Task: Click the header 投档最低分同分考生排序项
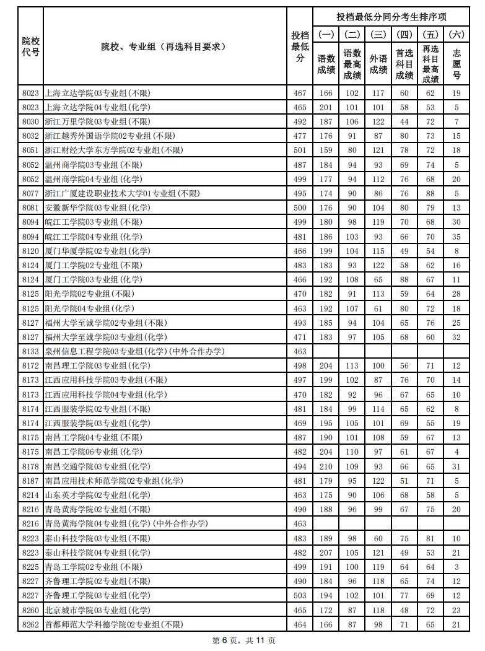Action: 391,17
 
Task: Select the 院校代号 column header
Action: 30,46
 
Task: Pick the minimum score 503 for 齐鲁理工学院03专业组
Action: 300,596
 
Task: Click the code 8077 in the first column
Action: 30,193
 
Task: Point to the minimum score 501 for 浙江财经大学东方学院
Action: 300,150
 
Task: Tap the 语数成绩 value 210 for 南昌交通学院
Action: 326,466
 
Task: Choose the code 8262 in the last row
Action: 30,624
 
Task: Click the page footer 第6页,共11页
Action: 243,640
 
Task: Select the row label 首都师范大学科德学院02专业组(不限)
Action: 114,624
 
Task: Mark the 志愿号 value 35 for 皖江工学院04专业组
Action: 457,237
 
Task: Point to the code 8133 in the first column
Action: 30,351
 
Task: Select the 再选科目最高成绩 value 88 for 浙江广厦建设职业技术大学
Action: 430,193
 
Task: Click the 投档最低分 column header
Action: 300,46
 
